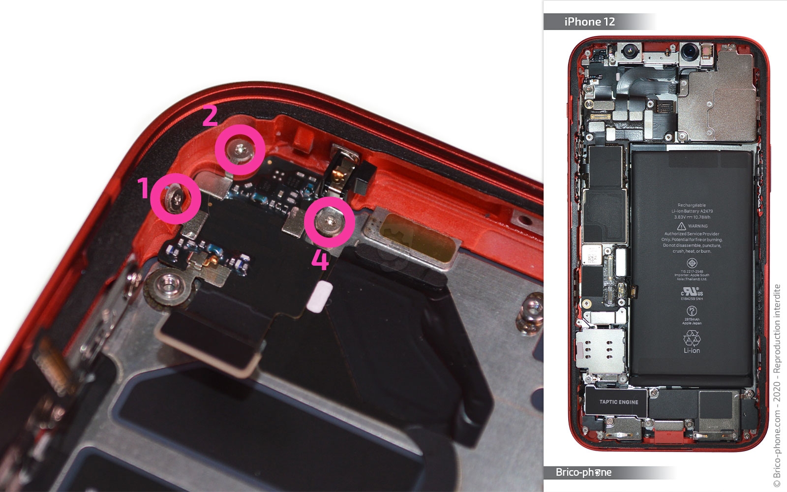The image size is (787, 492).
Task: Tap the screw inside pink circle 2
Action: pos(240,149)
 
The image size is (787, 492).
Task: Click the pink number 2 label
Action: pos(210,116)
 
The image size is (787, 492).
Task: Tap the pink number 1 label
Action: pos(143,188)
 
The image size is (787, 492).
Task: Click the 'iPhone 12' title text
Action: pos(589,22)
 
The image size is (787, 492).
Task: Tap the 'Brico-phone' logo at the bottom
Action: pos(583,472)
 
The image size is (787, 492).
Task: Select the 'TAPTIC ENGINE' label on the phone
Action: pos(618,402)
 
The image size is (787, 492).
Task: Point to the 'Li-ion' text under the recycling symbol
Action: pos(692,351)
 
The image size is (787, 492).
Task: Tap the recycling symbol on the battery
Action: pos(692,338)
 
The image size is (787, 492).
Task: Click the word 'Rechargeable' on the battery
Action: pos(692,205)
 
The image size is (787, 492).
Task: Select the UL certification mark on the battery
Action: pos(692,291)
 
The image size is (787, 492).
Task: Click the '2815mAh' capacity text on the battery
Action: pos(692,319)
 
